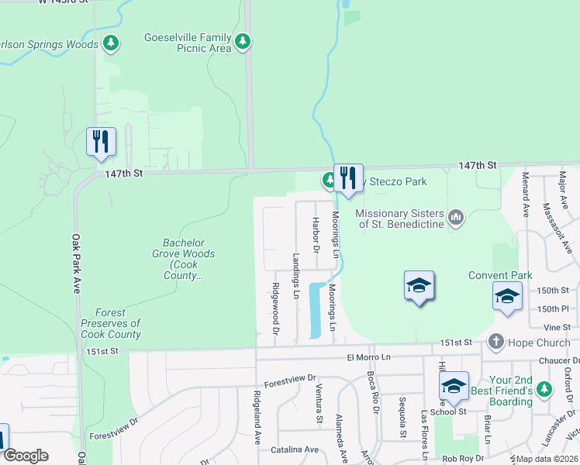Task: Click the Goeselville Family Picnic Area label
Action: coord(188,43)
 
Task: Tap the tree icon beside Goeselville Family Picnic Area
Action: coord(243,40)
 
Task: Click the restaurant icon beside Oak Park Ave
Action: coord(101,141)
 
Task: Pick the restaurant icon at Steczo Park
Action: coord(348,177)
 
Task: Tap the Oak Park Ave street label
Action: coord(77,263)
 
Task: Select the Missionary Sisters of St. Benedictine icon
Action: coord(456,218)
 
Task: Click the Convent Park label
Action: coord(500,275)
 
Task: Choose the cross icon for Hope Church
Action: coord(495,342)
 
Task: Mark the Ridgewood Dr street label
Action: coord(275,308)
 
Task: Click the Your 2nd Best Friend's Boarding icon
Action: coord(547,387)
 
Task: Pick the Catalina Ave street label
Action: coord(295,449)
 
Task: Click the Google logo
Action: coord(25,456)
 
